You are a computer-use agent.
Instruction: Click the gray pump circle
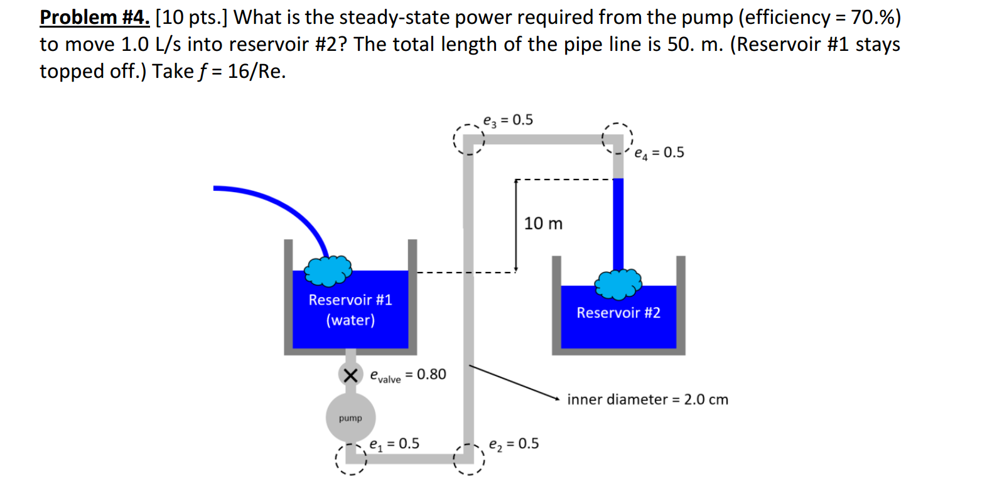click(350, 418)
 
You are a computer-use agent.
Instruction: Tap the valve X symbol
click(350, 375)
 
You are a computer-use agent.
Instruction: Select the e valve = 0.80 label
click(408, 375)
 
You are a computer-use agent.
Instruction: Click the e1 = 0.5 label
click(394, 444)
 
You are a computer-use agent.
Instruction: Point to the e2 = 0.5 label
click(514, 444)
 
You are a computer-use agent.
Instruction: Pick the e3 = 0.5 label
click(508, 120)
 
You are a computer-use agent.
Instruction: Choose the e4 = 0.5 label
click(659, 153)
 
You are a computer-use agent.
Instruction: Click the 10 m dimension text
click(543, 224)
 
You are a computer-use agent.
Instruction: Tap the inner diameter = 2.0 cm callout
click(647, 399)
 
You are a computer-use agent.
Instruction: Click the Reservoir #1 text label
click(350, 300)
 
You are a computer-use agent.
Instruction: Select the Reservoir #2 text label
click(618, 313)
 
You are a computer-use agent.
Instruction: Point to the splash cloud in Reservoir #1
click(328, 271)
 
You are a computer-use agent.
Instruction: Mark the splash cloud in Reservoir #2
click(618, 284)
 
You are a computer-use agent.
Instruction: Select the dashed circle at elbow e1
click(350, 459)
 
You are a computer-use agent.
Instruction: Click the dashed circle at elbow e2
click(469, 459)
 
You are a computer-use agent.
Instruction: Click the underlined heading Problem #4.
click(95, 18)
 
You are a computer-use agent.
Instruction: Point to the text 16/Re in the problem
click(256, 72)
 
